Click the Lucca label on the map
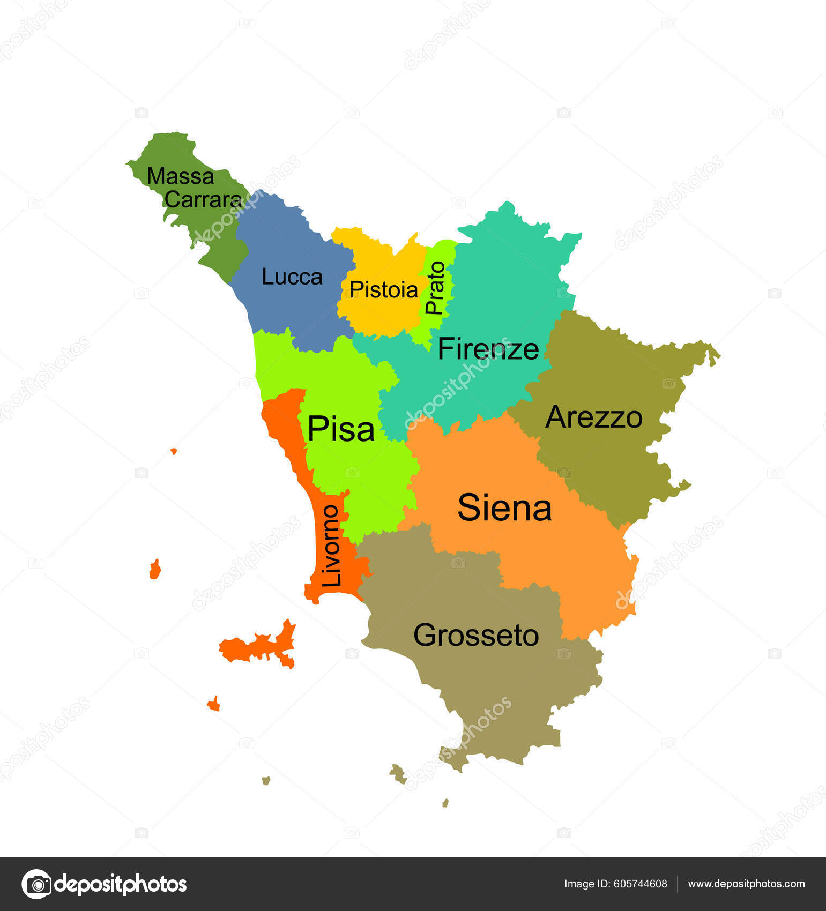pyautogui.click(x=292, y=277)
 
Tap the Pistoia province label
pyautogui.click(x=383, y=290)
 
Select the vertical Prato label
pyautogui.click(x=435, y=287)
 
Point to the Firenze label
pyautogui.click(x=488, y=349)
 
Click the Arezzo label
pyautogui.click(x=593, y=417)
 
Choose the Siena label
pyautogui.click(x=504, y=508)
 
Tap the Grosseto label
pyautogui.click(x=476, y=636)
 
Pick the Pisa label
pyautogui.click(x=341, y=429)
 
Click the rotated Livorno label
pyautogui.click(x=331, y=546)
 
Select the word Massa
pyautogui.click(x=181, y=176)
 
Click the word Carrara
pyautogui.click(x=203, y=200)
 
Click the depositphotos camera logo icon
pyautogui.click(x=36, y=884)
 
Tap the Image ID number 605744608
pyautogui.click(x=641, y=884)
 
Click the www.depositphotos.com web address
pyautogui.click(x=746, y=884)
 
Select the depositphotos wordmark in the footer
pyautogui.click(x=121, y=884)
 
